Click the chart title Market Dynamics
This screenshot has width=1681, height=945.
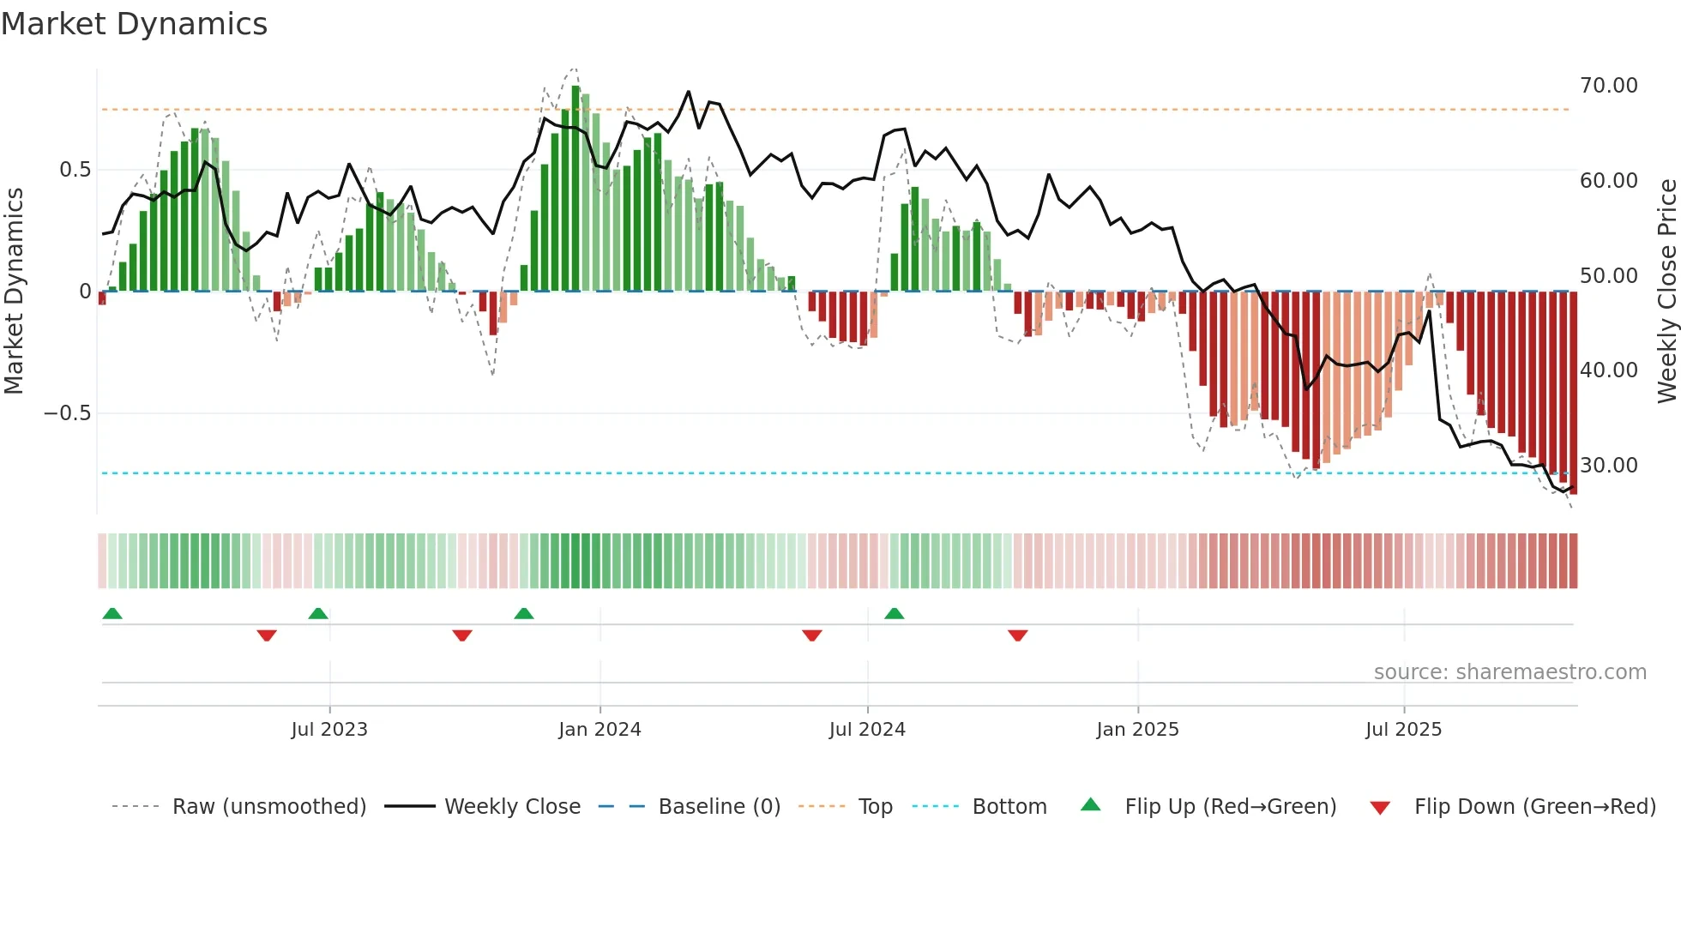134,24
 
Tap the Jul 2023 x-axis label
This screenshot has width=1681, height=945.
329,730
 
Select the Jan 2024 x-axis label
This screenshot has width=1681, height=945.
599,730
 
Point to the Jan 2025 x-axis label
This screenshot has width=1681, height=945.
1137,730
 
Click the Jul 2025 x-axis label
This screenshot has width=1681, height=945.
1403,730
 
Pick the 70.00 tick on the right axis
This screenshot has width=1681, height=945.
1608,86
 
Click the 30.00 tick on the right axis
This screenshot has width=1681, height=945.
1608,466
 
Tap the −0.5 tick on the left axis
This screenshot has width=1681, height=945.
67,413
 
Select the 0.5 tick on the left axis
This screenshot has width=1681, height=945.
75,170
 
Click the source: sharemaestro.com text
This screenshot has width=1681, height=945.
1509,672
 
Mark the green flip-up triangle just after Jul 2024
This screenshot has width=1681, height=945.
894,614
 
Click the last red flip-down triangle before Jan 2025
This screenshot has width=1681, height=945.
1017,635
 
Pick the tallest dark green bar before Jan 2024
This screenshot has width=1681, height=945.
575,189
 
